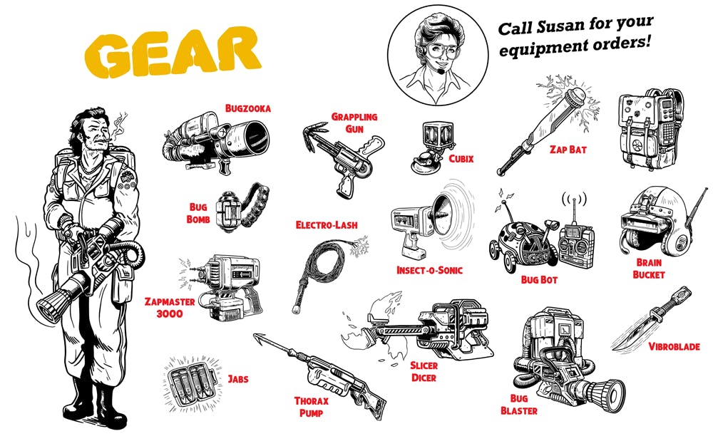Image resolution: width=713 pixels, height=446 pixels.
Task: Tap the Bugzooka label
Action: (x=248, y=108)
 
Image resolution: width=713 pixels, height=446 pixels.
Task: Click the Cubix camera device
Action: (x=433, y=147)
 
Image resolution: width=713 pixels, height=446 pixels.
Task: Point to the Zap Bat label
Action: (x=568, y=150)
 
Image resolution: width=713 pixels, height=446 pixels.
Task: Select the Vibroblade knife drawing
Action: (x=651, y=319)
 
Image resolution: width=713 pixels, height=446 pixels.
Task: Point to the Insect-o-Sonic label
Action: (x=429, y=270)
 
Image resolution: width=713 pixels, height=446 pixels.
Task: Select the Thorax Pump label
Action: (x=311, y=407)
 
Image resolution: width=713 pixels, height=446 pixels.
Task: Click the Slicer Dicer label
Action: (x=424, y=371)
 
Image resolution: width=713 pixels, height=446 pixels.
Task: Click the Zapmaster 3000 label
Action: (x=170, y=308)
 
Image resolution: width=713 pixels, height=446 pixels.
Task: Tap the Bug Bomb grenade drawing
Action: (x=242, y=208)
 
